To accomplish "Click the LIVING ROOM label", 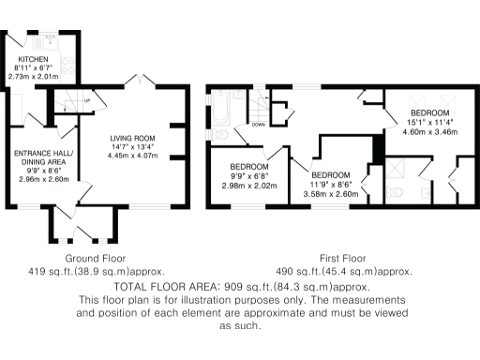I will click(130, 137).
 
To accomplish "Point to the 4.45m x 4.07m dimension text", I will click(130, 155).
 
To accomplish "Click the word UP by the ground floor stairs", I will click(87, 100).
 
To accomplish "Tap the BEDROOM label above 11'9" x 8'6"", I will click(331, 175).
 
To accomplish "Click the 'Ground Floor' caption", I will click(96, 257).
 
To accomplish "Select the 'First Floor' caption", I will click(343, 257).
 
